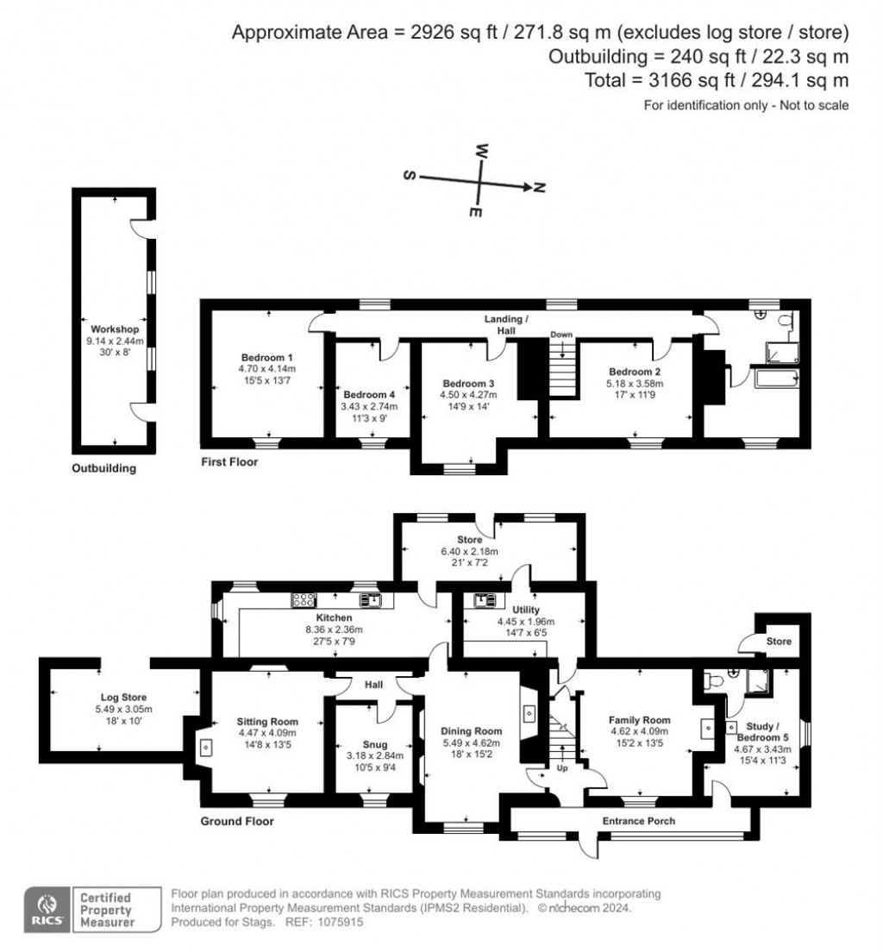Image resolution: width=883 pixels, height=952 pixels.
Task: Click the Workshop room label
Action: point(115,329)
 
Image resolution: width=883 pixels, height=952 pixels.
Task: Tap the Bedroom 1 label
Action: point(266,358)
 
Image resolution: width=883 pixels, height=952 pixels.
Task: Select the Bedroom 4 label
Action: point(368,395)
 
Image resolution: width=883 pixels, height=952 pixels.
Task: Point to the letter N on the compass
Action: point(539,188)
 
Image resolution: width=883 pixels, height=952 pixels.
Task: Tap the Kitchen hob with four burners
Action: point(304,600)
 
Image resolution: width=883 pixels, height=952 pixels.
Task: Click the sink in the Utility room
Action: point(484,600)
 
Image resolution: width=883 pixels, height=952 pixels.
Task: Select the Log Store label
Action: point(123,698)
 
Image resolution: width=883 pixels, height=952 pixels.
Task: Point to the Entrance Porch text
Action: point(638,821)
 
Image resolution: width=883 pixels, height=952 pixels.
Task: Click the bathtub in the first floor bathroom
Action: point(775,379)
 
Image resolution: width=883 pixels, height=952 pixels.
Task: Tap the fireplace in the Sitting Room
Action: point(206,747)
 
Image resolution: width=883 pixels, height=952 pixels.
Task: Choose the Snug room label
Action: point(375,744)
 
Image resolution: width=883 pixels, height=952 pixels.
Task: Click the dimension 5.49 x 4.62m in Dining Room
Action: point(471,743)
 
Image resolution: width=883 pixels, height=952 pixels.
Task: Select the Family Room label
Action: point(639,720)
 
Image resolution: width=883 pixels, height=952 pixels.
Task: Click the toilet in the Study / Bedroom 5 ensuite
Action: point(711,680)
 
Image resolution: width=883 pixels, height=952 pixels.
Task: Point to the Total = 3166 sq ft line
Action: point(717,80)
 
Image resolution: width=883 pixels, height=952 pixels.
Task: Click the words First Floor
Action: point(229,462)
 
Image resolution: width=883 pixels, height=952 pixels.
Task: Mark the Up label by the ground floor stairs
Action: point(562,768)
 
